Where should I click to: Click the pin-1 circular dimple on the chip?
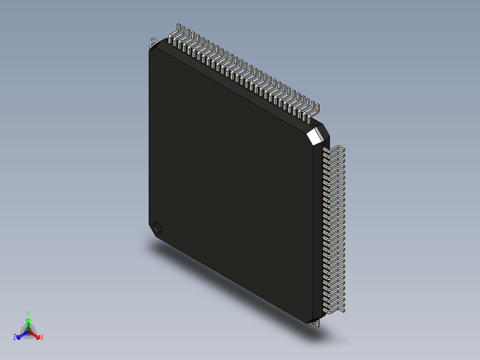[x=157, y=228]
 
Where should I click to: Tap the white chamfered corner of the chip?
[x=315, y=135]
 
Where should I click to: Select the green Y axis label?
[x=28, y=313]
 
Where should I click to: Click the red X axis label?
[x=42, y=338]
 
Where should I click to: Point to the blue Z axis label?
[x=15, y=338]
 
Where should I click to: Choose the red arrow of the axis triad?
[x=36, y=335]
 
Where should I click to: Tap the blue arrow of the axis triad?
[x=20, y=335]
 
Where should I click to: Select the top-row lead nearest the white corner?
[x=316, y=111]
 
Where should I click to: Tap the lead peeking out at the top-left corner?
[x=154, y=43]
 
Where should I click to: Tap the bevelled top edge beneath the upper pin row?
[x=236, y=82]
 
